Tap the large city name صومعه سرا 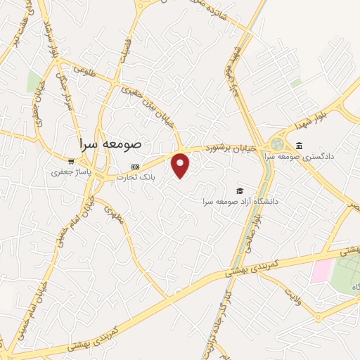click(110, 141)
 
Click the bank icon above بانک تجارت click(136, 167)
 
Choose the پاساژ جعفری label click(69, 171)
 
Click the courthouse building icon click(299, 146)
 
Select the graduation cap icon click(240, 191)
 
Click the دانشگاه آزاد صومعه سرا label click(240, 201)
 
